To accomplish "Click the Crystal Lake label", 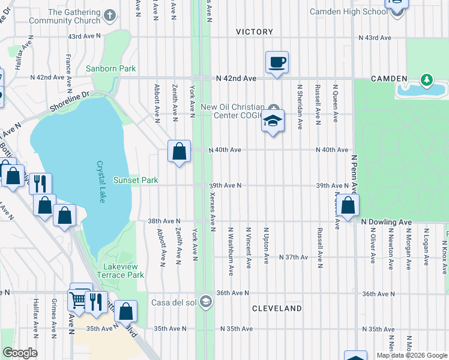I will [x=101, y=182].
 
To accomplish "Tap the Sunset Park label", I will [x=136, y=180].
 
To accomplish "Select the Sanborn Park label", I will [x=111, y=69].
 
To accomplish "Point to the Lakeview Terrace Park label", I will [x=124, y=271].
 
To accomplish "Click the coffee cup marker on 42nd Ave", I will [x=277, y=62].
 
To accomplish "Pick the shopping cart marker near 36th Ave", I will [x=79, y=299].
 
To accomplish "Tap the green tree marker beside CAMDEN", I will [x=427, y=79].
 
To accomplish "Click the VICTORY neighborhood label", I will [x=255, y=32].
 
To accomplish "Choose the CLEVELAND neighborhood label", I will [x=277, y=308].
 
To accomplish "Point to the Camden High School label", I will [x=349, y=11].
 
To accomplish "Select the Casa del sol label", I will [x=174, y=302].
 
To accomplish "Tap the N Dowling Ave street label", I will [x=387, y=222].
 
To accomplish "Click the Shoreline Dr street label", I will [x=70, y=99].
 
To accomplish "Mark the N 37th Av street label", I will [x=294, y=257].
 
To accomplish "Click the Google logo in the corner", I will [x=20, y=353].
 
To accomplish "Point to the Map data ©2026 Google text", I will [x=412, y=355].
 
